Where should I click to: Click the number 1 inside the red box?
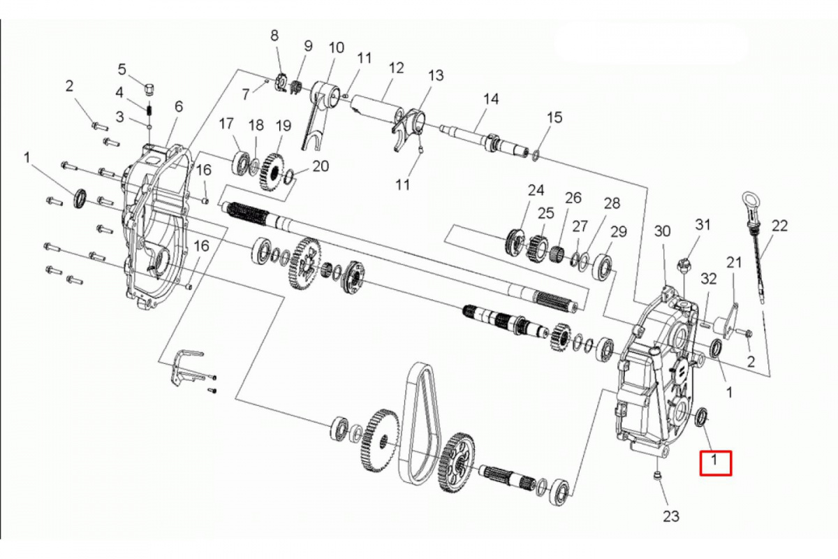pos(714,460)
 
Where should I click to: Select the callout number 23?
pos(671,516)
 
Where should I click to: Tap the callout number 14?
pos(491,99)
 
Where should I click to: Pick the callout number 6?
pos(179,107)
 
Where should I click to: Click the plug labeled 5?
pos(150,89)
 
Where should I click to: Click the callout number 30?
pos(662,231)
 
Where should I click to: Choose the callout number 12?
pos(396,68)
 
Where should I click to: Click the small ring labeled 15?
pos(536,155)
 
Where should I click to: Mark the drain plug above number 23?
pos(657,477)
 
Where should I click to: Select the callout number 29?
pos(618,232)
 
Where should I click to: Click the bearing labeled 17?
pos(242,164)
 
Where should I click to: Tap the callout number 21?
pos(734,263)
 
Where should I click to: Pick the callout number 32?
pos(708,279)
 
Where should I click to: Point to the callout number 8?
pos(274,36)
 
